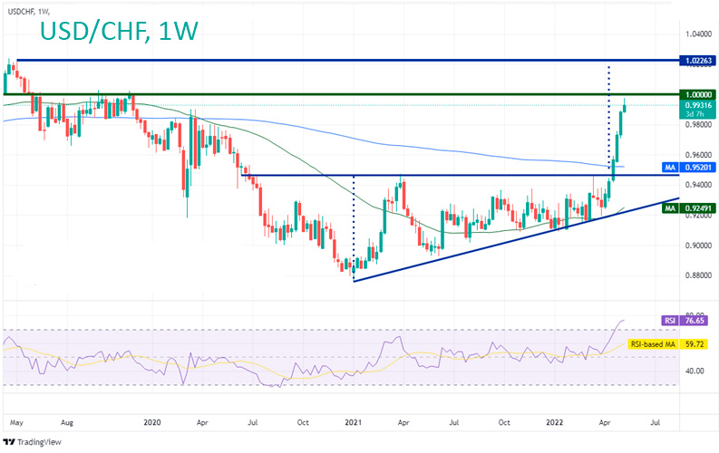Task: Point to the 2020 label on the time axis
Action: (x=151, y=422)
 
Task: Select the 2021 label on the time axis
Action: (x=354, y=422)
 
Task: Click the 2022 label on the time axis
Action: (x=555, y=422)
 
